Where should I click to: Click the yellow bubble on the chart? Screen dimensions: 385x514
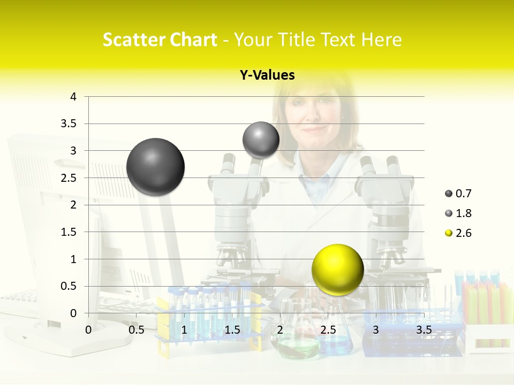(337, 269)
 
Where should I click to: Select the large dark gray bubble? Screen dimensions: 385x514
(155, 167)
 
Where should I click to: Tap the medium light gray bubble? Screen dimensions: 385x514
(261, 140)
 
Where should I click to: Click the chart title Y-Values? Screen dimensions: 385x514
(267, 75)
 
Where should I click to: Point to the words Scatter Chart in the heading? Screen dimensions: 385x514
(160, 40)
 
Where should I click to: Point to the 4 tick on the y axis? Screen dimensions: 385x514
(73, 97)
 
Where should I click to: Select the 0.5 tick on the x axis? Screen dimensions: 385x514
(136, 329)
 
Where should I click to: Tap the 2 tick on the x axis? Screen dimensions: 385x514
(280, 329)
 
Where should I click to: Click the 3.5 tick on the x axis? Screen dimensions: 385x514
(424, 329)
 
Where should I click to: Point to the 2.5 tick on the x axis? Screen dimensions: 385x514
(328, 329)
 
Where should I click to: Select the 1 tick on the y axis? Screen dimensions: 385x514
(73, 259)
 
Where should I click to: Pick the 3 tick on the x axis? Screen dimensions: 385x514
(376, 329)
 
